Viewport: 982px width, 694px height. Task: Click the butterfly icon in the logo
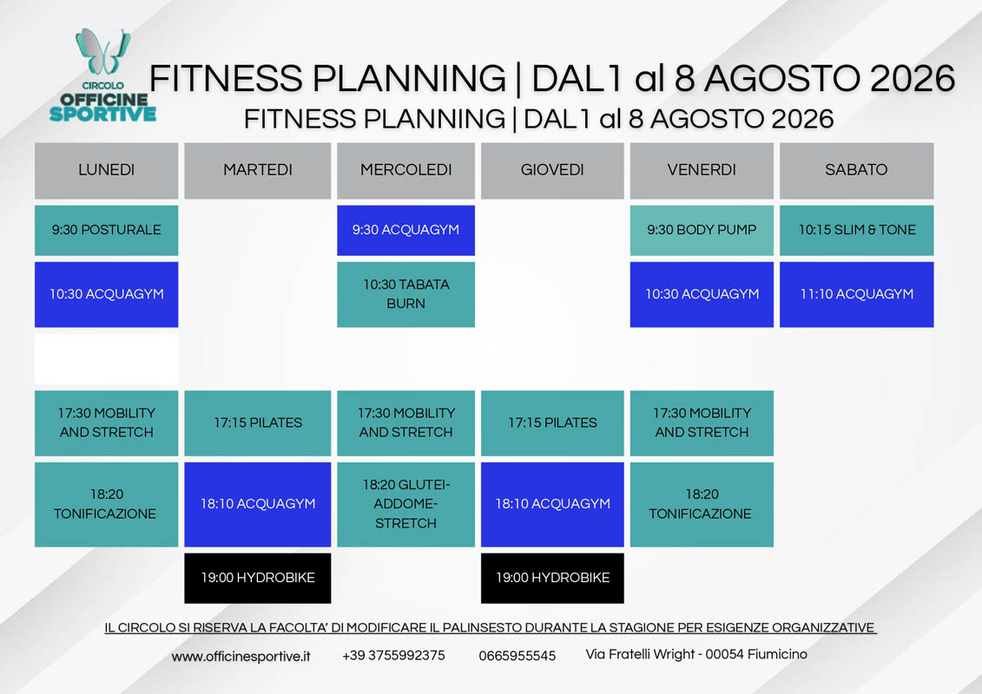point(103,51)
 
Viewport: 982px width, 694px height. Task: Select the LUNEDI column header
point(107,170)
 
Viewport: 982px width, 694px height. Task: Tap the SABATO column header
point(856,170)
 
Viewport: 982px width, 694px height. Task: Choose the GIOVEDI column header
point(552,170)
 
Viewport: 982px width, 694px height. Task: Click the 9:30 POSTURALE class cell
point(107,230)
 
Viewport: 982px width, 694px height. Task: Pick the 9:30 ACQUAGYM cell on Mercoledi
point(405,230)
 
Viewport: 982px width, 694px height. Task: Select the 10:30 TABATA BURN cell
point(405,294)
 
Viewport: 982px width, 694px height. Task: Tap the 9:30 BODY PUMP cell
point(702,230)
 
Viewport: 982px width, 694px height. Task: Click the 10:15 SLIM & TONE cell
point(856,230)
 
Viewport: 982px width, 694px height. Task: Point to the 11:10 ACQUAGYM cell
point(856,294)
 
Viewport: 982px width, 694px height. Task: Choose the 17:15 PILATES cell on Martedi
point(257,423)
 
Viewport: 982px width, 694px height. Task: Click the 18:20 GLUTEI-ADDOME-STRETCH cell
point(405,504)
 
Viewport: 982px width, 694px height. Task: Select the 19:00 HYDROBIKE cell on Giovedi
point(552,579)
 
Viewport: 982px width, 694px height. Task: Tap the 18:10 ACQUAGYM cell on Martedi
point(257,504)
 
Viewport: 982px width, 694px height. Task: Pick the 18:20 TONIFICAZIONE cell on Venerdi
point(702,504)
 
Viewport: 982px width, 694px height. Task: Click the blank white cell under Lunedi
point(107,358)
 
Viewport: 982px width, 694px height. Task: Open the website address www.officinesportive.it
point(241,657)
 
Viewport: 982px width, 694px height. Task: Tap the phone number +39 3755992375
point(393,655)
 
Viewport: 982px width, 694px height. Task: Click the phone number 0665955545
point(517,656)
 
